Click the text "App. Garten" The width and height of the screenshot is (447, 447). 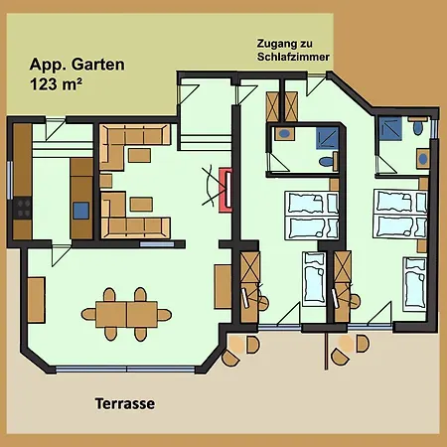click(x=71, y=64)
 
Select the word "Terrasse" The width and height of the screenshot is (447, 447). click(x=125, y=404)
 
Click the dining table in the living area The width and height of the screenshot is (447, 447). click(x=127, y=312)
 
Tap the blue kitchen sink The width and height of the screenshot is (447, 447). click(x=80, y=210)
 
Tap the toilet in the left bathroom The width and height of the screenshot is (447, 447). click(x=324, y=162)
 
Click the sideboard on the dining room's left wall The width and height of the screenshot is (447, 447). click(x=36, y=297)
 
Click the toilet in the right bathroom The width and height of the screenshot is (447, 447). click(x=418, y=127)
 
